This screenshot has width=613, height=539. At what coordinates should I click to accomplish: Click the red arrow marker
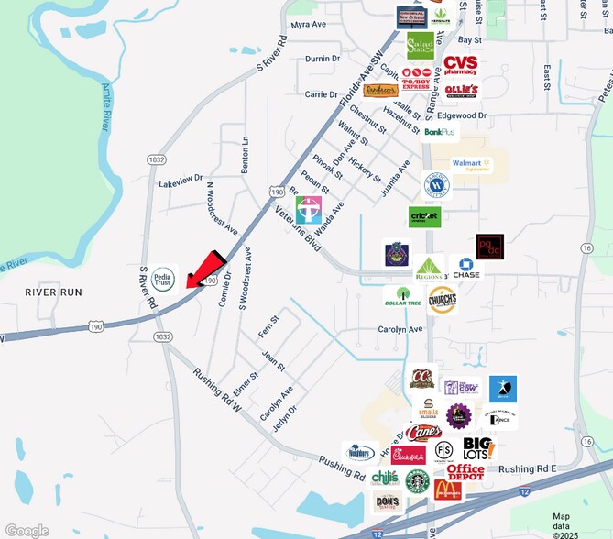(x=206, y=269)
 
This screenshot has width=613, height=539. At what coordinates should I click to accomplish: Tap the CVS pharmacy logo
(x=460, y=65)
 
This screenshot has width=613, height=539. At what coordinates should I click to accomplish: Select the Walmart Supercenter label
(x=471, y=165)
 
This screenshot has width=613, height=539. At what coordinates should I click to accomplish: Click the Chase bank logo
(x=465, y=268)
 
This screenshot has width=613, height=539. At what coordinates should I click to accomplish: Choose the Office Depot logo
(x=465, y=471)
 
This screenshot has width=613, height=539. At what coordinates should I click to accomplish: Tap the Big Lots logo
(x=477, y=447)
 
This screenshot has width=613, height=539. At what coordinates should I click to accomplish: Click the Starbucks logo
(x=417, y=481)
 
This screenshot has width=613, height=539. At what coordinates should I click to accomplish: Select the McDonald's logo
(x=448, y=489)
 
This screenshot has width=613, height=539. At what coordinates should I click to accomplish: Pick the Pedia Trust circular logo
(x=162, y=277)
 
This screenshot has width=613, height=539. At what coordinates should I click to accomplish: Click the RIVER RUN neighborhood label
(x=53, y=291)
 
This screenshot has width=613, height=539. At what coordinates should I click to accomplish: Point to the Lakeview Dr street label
(x=180, y=182)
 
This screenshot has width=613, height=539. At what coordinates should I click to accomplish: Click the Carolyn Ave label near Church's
(x=400, y=329)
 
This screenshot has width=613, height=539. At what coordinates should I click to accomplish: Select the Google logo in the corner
(x=27, y=530)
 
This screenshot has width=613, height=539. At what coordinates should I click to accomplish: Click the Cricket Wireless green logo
(x=424, y=216)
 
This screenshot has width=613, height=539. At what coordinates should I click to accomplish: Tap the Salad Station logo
(x=421, y=46)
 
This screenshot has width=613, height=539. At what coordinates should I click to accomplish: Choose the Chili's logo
(x=384, y=478)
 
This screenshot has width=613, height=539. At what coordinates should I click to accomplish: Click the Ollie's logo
(x=462, y=91)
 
